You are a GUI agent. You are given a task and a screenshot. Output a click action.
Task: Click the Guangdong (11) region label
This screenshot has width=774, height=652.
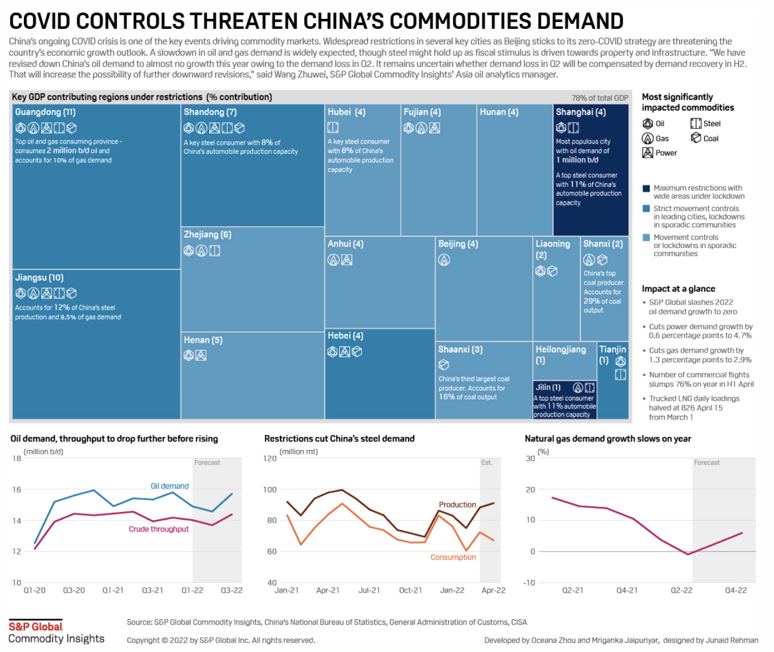(x=45, y=112)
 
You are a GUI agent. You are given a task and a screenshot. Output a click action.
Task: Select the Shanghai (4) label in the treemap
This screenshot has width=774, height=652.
(x=580, y=112)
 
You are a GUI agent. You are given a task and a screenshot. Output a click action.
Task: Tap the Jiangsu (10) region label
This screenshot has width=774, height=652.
(x=39, y=278)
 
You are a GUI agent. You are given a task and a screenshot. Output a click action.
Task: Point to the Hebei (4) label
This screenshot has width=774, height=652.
(x=345, y=336)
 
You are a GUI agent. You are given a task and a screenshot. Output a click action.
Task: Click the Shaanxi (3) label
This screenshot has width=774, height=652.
(x=460, y=350)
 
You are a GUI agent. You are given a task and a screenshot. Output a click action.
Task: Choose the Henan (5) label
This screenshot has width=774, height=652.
(x=203, y=340)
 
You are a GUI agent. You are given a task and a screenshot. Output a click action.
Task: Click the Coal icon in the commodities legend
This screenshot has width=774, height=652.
(x=696, y=138)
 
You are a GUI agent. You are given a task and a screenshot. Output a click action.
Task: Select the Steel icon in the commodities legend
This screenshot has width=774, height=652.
(x=696, y=124)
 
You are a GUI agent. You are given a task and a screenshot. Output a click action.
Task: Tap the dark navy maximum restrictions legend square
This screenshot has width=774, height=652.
(x=646, y=189)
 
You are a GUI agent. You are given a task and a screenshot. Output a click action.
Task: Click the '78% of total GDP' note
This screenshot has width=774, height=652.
(x=600, y=98)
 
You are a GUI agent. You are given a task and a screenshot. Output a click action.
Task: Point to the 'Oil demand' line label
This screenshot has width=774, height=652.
(x=170, y=486)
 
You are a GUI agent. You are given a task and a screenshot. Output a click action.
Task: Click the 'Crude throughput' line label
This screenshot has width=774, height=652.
(x=159, y=529)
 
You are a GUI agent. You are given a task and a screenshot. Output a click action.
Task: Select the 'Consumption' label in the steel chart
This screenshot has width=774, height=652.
(x=453, y=558)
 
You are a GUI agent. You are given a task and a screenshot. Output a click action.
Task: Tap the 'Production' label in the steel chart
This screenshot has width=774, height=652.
(x=457, y=505)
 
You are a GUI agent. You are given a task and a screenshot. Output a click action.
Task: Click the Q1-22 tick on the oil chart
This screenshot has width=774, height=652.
(x=192, y=590)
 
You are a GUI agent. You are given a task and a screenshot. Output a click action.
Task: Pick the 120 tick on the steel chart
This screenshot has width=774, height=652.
(x=269, y=459)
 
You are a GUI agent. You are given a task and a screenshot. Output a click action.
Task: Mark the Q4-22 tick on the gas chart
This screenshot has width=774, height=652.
(x=736, y=590)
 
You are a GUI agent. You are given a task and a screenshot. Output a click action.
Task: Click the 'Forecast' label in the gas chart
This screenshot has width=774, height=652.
(x=706, y=463)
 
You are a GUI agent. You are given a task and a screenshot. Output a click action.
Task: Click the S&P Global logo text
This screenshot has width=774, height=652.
(x=35, y=627)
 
